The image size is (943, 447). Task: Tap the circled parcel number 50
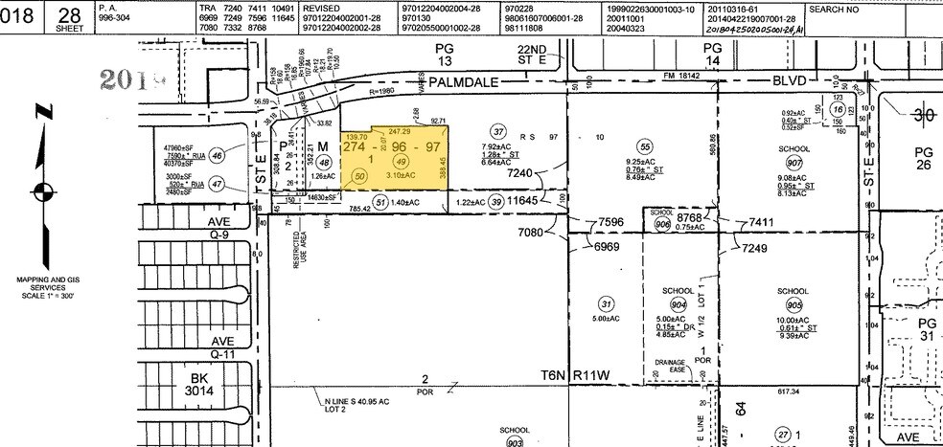coord(360,177)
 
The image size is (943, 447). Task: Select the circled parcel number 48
coord(324,163)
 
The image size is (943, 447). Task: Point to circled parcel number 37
coord(497,131)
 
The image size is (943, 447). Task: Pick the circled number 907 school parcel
coord(793,162)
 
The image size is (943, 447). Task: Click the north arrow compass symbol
coord(39,187)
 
